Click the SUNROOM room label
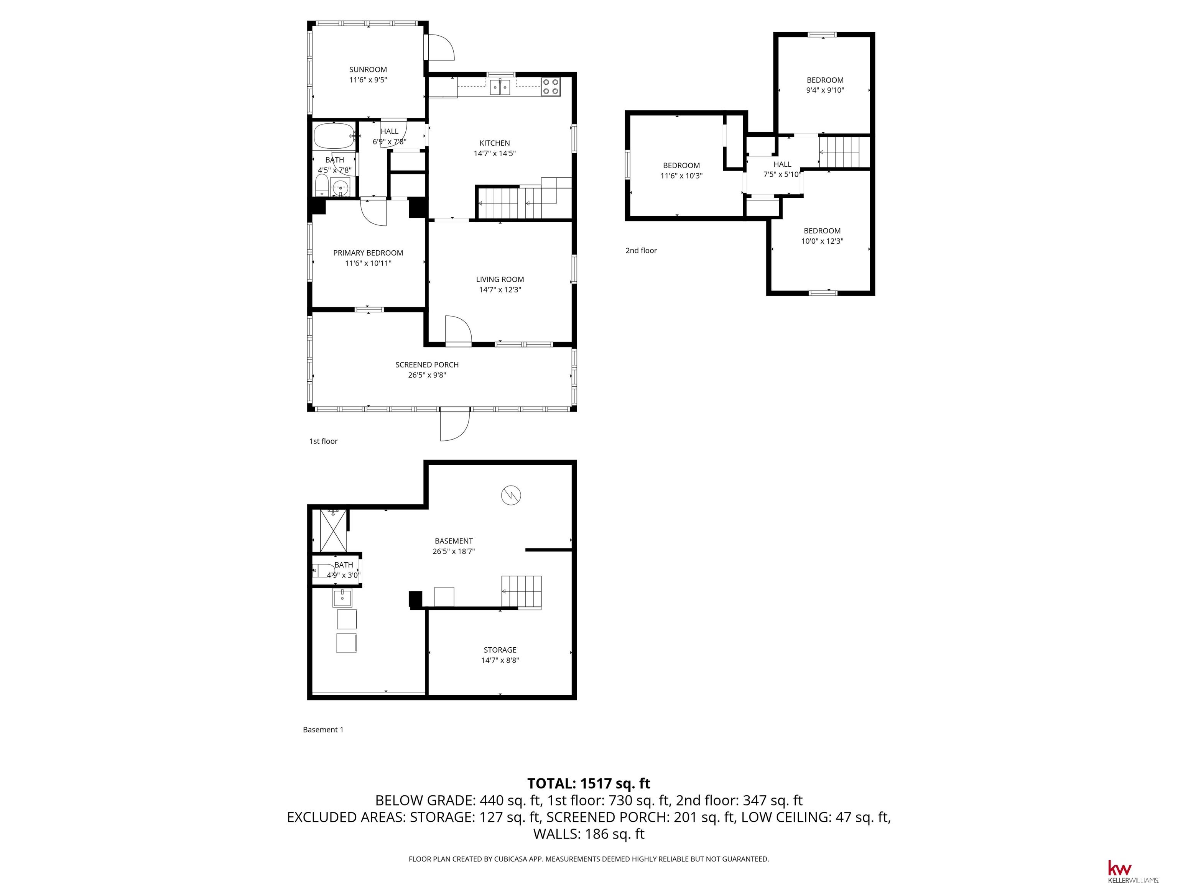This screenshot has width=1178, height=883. click(368, 69)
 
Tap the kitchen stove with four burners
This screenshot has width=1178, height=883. click(551, 87)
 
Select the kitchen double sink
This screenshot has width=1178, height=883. click(500, 87)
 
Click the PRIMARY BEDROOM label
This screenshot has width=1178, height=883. click(368, 253)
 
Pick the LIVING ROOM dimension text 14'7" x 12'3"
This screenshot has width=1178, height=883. click(500, 290)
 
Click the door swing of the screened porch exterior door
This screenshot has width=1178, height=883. click(455, 426)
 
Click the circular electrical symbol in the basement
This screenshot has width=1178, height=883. click(511, 496)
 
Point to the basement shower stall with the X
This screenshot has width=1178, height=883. click(333, 530)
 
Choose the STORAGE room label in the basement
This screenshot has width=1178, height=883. click(500, 650)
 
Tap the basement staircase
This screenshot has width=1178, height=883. click(522, 592)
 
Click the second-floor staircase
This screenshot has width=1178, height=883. click(844, 152)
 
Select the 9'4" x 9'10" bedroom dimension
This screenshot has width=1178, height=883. click(825, 90)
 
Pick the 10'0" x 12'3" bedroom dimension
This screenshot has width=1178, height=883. click(822, 241)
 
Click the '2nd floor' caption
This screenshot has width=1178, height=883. click(641, 251)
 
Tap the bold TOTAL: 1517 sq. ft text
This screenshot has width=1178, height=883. click(589, 783)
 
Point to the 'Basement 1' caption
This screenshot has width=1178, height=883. click(323, 730)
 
